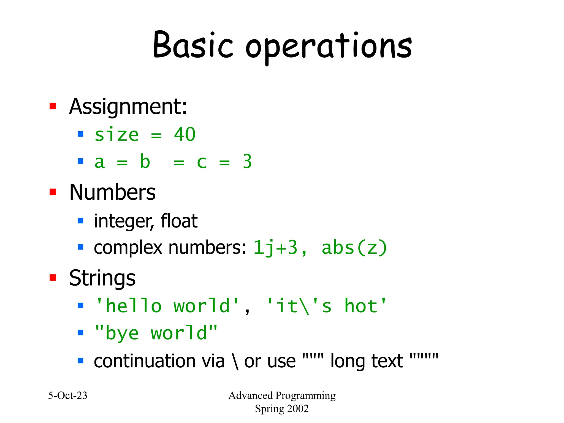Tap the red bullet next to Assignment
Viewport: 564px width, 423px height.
[x=53, y=106]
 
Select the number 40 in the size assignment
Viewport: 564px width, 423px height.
[x=185, y=135]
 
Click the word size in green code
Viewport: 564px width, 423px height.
[x=116, y=135]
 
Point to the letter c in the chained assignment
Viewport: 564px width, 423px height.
[x=202, y=162]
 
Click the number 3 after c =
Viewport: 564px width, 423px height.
[x=247, y=162]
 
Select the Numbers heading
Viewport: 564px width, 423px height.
[x=112, y=192]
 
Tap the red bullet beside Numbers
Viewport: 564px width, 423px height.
[x=53, y=192]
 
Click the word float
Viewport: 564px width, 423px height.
[x=179, y=221]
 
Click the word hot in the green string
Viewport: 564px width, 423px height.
[x=361, y=306]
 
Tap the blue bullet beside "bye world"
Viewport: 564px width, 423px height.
[x=80, y=332]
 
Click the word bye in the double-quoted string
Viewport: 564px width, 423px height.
[x=122, y=333]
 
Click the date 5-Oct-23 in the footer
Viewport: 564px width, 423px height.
[x=68, y=395]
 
